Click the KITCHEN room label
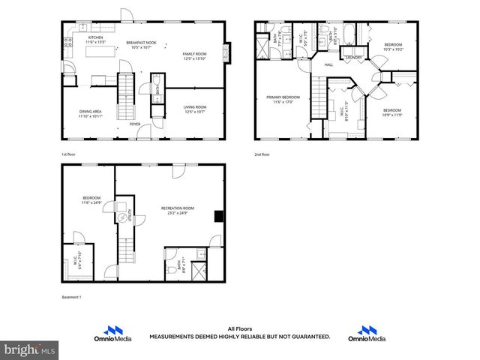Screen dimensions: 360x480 coord(95,37)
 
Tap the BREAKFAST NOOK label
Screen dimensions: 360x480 coord(140,43)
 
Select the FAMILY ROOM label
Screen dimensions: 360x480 coord(194,54)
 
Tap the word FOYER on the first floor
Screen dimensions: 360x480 coord(134,124)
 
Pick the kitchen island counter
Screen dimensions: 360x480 coord(105,51)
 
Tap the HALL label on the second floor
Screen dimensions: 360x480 coord(328,65)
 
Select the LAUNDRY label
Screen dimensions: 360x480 coord(353,57)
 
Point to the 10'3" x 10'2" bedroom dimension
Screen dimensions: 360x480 coord(394,49)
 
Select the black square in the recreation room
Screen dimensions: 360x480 coord(218,217)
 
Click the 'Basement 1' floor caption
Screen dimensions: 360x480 coord(72,298)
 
